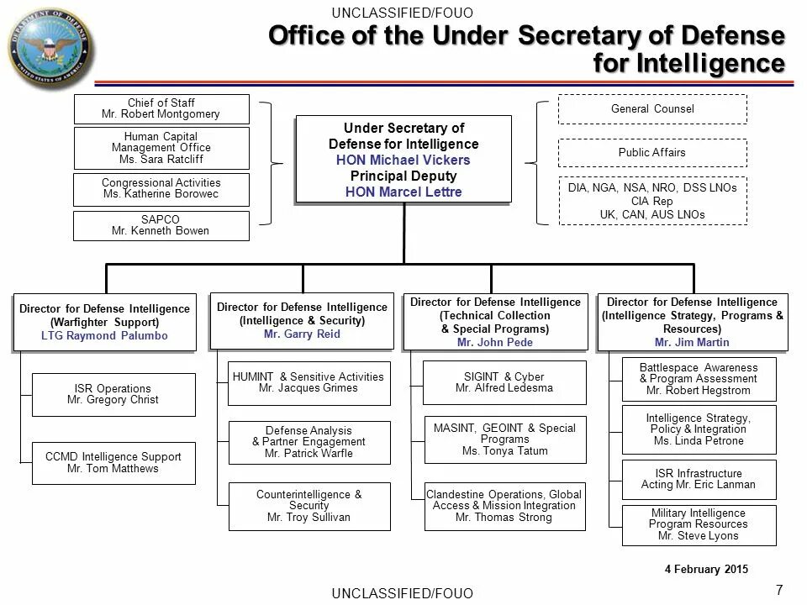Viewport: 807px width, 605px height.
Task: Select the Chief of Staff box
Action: (161, 108)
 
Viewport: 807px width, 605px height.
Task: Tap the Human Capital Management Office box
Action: (161, 148)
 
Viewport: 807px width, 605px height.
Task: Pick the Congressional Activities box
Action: (161, 188)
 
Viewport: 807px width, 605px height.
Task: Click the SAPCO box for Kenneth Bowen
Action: (161, 225)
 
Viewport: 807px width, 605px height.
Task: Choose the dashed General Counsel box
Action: (651, 109)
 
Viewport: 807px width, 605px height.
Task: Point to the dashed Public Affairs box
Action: (651, 153)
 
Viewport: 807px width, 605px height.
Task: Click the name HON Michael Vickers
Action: (403, 160)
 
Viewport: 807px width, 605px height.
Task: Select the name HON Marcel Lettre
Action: (403, 192)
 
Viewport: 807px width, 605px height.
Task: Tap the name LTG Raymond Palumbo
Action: (104, 335)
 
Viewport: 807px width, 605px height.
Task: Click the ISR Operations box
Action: (113, 394)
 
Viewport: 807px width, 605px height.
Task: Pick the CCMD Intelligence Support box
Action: (113, 462)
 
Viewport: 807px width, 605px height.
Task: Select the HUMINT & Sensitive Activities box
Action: (308, 382)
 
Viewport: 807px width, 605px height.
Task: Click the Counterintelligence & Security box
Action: (309, 506)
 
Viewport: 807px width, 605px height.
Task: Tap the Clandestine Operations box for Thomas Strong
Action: (504, 506)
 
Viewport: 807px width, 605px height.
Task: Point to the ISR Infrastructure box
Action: (699, 479)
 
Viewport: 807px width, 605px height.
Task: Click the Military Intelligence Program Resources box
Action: (699, 524)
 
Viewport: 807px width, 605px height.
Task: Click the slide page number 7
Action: (778, 588)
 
